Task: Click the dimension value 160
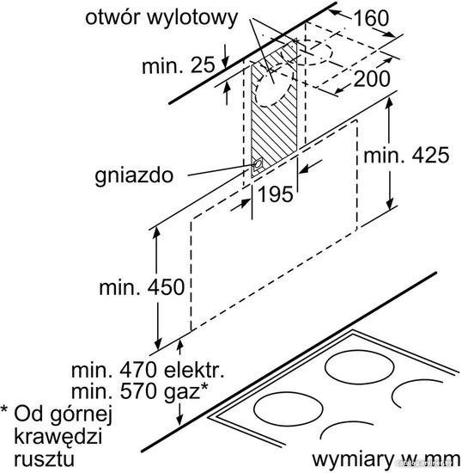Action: click(371, 18)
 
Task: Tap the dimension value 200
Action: click(372, 79)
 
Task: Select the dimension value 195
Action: click(276, 193)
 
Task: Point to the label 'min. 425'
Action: click(406, 156)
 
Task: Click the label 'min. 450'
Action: click(142, 287)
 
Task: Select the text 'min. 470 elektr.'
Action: click(148, 370)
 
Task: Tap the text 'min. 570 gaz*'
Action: click(139, 391)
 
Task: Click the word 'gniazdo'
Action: click(134, 175)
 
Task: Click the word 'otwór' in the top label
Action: click(113, 17)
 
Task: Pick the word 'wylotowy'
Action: click(192, 19)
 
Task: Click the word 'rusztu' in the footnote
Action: click(44, 459)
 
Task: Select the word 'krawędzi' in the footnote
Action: click(58, 437)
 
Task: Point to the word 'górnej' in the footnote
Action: click(81, 415)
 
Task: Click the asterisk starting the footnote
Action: click(5, 409)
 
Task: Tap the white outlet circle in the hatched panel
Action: click(272, 90)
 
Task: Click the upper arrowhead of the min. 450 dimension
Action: click(156, 233)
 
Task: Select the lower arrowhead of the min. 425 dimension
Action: click(390, 203)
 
